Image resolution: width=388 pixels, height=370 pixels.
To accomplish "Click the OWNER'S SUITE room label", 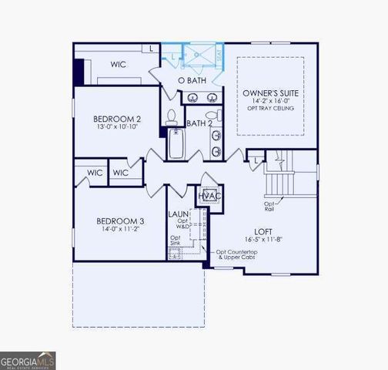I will point(269,92).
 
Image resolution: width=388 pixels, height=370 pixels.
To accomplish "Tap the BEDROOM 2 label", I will point(117,119).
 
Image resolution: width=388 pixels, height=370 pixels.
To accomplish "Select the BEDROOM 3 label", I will point(119,221).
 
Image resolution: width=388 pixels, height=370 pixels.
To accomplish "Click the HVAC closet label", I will point(210,196).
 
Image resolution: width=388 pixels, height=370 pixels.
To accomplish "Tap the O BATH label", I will point(192,81).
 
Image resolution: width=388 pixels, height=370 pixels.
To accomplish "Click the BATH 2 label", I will point(199,123).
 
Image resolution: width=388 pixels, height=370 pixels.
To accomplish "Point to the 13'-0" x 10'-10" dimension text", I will point(117,127).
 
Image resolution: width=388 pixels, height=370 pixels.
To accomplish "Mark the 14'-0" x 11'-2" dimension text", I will point(119,230).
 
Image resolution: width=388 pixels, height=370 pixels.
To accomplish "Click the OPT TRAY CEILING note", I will point(269,108).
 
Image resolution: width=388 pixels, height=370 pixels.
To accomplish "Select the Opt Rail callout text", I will point(271,206).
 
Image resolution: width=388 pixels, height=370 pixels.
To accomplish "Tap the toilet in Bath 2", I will point(172,118).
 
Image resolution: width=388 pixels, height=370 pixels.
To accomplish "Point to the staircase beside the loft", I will point(280,184).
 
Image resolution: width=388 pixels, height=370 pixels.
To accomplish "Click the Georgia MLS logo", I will point(28,360).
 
